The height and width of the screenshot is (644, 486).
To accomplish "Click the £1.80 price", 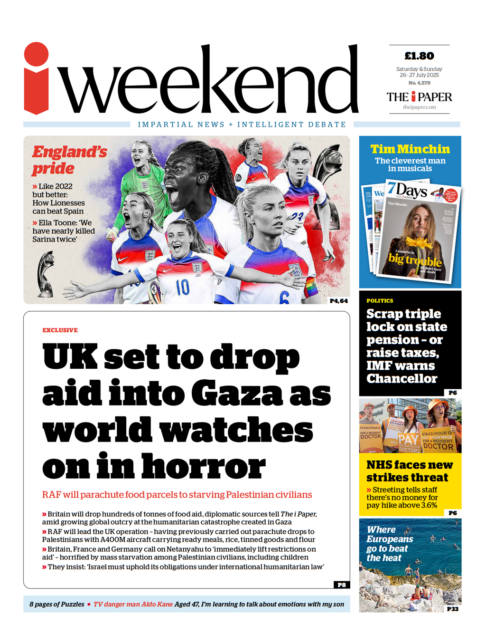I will click(419, 56).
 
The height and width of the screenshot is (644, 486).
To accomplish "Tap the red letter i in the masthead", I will click(37, 79).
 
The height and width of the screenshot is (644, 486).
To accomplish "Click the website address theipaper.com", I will click(419, 107).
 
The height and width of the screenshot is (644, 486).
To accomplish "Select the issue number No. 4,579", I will click(419, 83).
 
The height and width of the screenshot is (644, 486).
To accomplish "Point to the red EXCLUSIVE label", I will click(60, 330).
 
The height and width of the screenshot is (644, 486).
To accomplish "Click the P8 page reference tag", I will click(341, 585).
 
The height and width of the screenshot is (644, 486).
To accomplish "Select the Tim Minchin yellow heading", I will click(410, 149).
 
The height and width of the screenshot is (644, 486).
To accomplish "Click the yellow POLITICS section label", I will click(380, 301).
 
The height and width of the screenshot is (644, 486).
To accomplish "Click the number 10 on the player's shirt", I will click(182, 287).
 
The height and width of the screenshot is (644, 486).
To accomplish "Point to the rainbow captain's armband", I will click(311, 288).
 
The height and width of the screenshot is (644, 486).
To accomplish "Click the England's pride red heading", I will click(69, 160).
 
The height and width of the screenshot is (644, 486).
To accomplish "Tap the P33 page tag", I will click(452, 609).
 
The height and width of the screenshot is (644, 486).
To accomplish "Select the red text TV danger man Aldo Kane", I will click(133, 605).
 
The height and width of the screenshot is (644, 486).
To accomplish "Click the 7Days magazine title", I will click(406, 191).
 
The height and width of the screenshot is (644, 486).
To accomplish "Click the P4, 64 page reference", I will click(338, 301).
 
